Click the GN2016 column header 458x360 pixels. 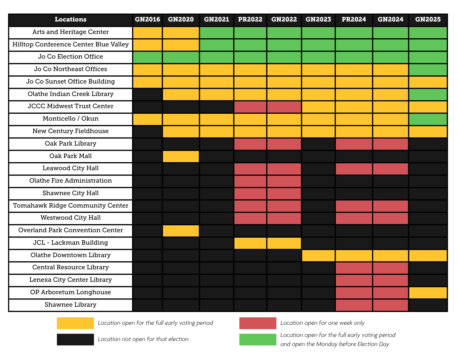tap(147, 19)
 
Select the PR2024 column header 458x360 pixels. tap(354, 19)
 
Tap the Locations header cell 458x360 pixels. tap(71, 19)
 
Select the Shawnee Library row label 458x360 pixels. tap(71, 305)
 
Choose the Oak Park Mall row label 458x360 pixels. tap(71, 156)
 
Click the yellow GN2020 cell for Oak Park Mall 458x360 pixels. tap(181, 156)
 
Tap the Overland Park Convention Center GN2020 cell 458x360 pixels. tap(181, 231)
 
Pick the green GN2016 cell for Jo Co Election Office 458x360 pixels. tap(147, 57)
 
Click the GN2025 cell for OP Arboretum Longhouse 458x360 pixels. tap(428, 293)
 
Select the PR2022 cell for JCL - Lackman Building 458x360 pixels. tap(250, 243)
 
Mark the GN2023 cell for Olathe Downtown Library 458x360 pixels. tap(318, 256)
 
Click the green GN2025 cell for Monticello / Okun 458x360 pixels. tap(428, 119)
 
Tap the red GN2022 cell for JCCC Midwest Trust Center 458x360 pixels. tap(284, 107)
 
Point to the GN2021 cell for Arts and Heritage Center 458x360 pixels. tap(217, 33)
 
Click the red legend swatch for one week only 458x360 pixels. tap(257, 323)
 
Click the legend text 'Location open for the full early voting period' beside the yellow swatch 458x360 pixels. tap(155, 323)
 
